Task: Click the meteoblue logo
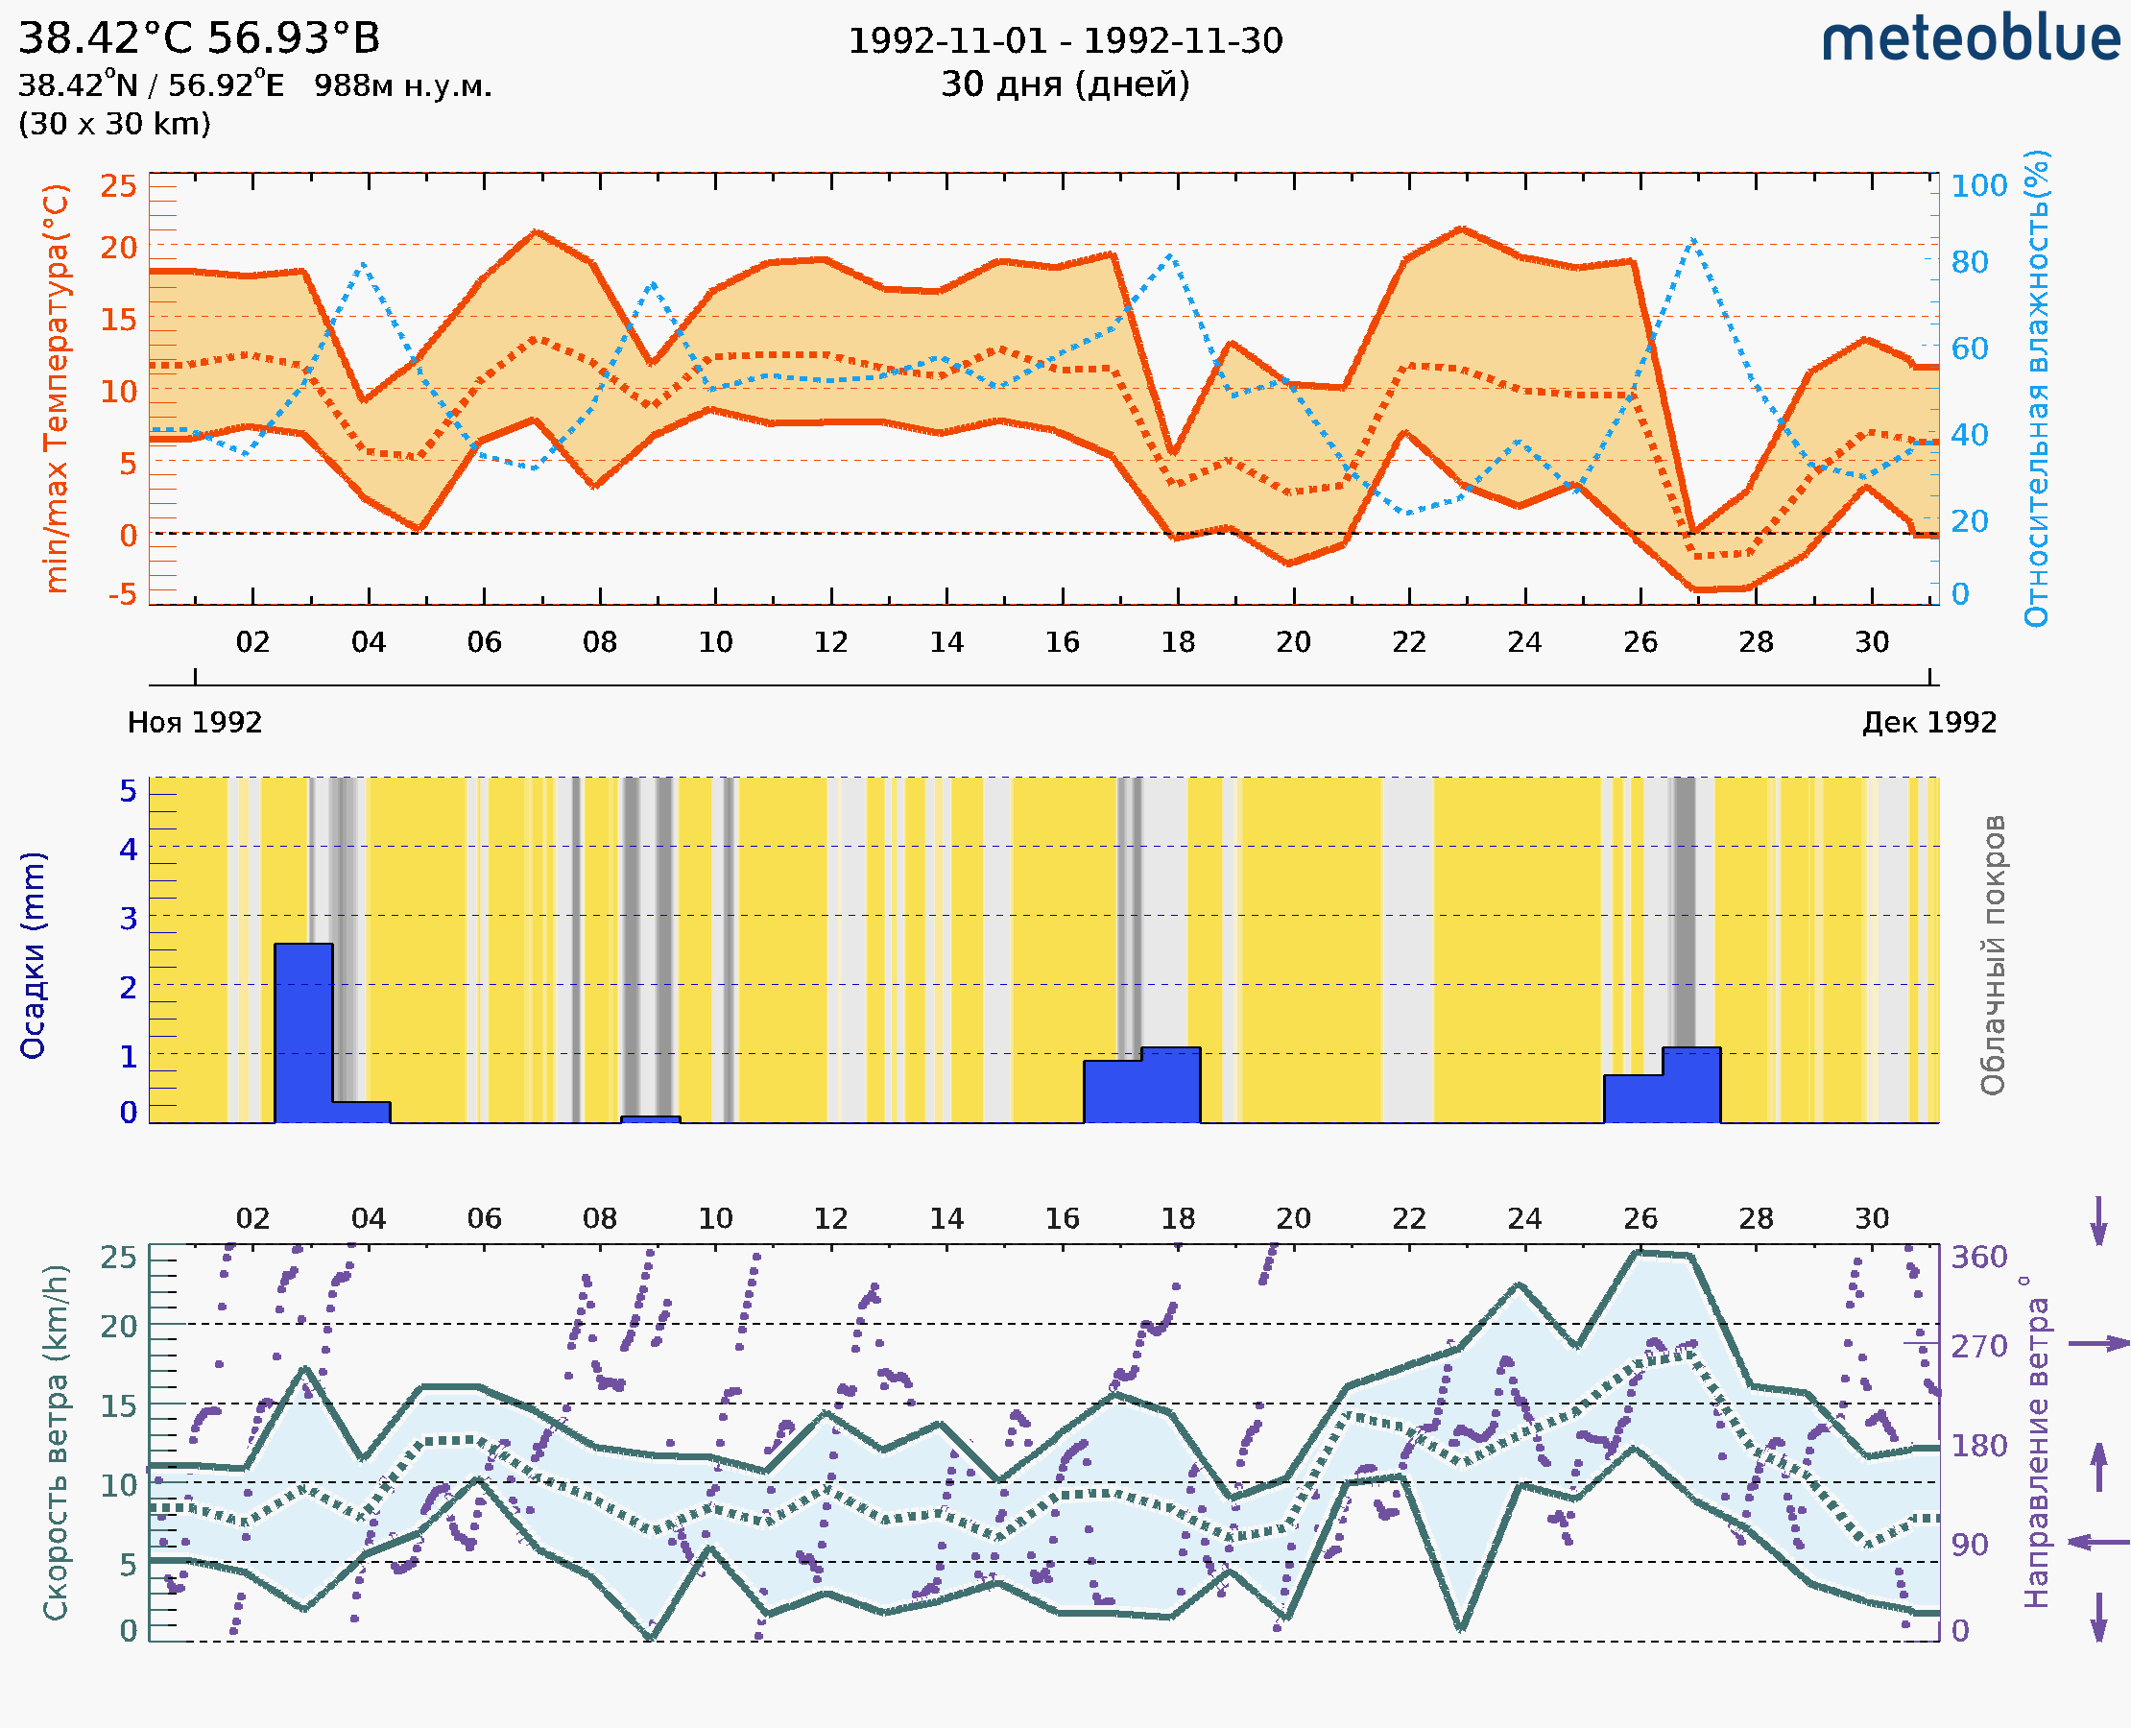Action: pos(1971,39)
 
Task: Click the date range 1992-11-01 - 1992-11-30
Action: pos(1065,41)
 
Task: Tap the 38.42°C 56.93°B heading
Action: pos(199,38)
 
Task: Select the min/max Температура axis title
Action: pos(58,388)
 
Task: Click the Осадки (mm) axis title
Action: pos(33,955)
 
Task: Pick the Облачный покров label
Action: pos(1993,955)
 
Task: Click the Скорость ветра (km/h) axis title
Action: pos(56,1443)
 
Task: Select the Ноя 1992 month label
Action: pos(195,722)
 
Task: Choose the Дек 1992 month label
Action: pos(1929,722)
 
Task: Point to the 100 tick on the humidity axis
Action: pos(1978,186)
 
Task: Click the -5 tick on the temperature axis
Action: pos(123,594)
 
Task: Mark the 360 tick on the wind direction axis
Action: pos(1978,1258)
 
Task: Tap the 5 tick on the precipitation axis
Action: pos(129,791)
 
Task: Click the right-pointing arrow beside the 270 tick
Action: pos(2098,1344)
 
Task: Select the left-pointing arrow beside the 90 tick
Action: pos(2098,1543)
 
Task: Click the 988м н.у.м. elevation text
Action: pos(403,86)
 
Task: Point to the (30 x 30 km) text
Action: pos(114,124)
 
